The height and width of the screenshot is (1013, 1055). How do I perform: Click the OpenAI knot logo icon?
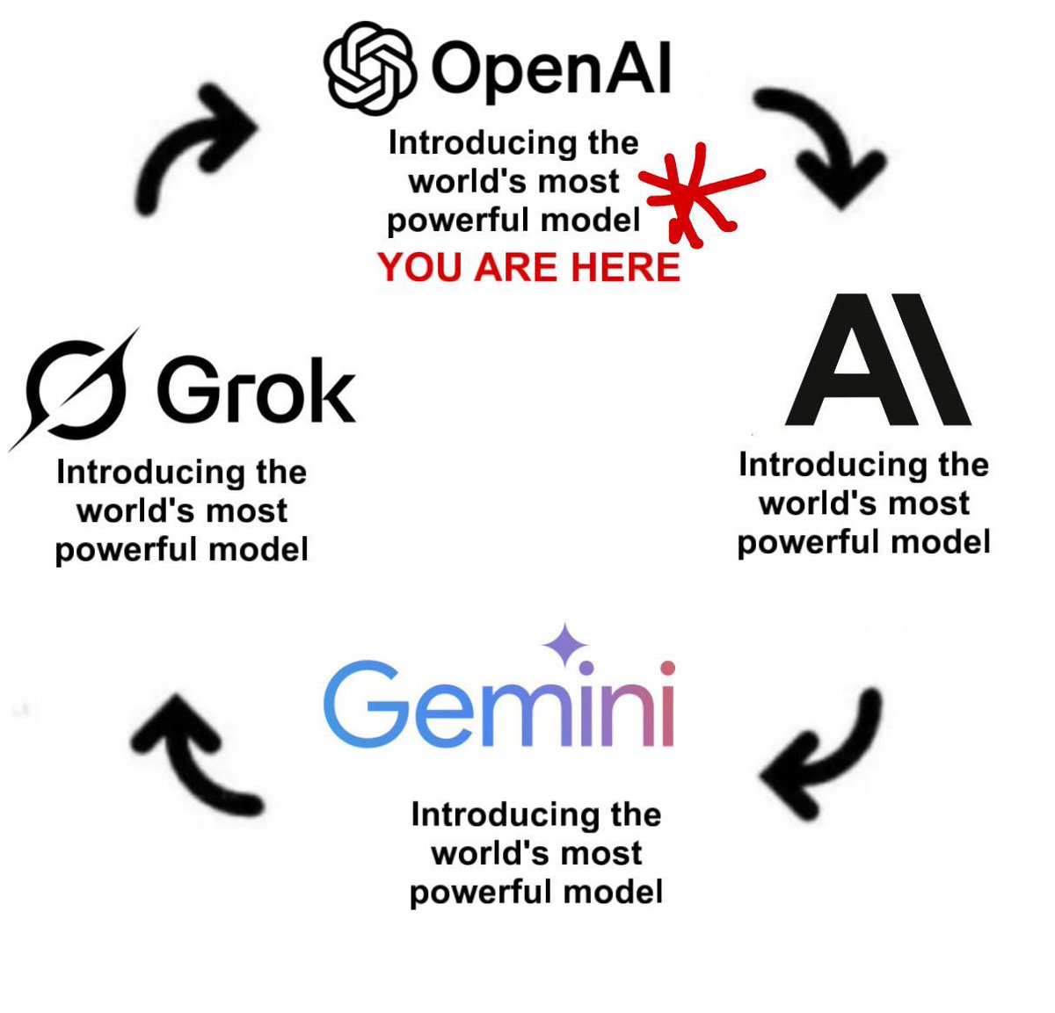pos(369,69)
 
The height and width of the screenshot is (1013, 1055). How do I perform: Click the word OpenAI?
pos(551,69)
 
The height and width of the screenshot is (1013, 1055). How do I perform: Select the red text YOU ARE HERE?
pos(529,267)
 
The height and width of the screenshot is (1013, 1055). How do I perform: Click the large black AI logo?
pos(877,360)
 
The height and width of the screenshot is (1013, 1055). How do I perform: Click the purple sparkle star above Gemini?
pos(565,647)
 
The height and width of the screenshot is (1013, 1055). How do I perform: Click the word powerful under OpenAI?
pos(458,221)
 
